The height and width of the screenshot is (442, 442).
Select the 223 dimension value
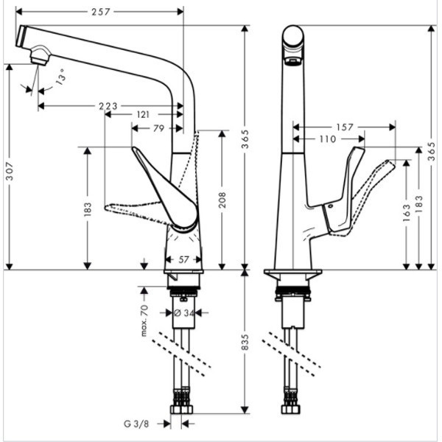click(x=108, y=106)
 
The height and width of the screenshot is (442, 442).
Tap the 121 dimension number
click(x=144, y=116)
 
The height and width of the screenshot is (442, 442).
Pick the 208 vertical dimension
click(x=221, y=200)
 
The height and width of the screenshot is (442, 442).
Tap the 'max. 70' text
click(x=144, y=322)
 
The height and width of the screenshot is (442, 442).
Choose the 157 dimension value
click(x=344, y=127)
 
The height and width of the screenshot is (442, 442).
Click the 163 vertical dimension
click(x=406, y=214)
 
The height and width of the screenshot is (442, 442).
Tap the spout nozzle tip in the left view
click(x=39, y=56)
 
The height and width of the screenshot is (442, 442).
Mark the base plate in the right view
click(x=292, y=273)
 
